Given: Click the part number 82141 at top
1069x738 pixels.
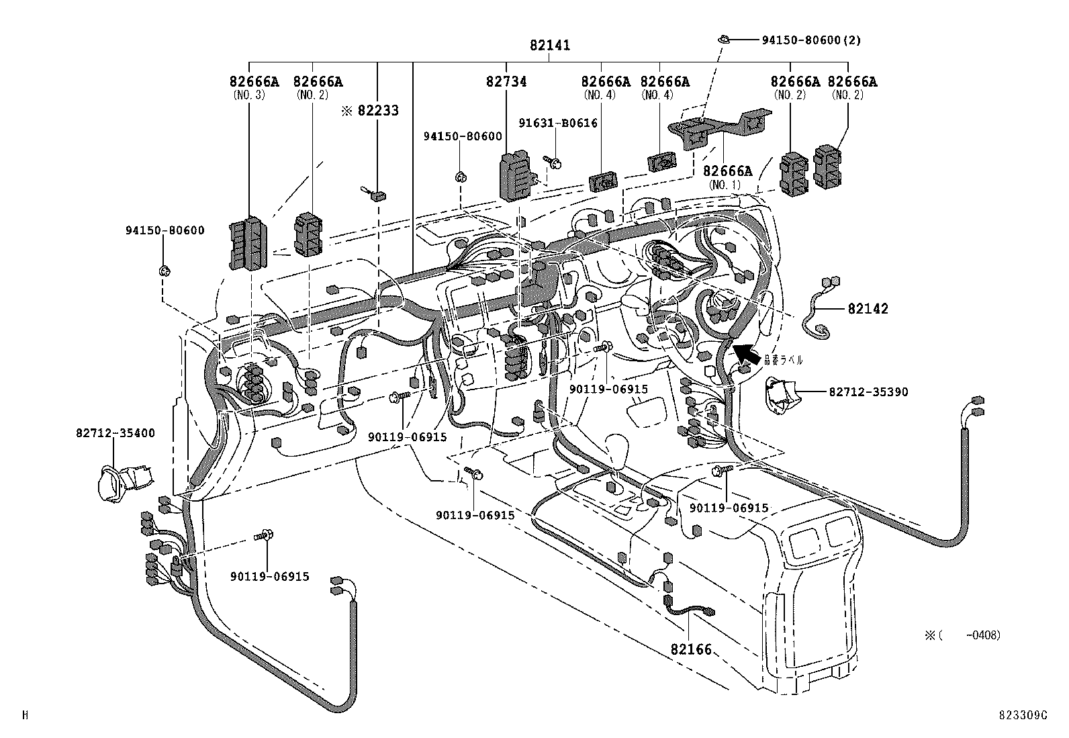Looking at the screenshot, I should coord(549,46).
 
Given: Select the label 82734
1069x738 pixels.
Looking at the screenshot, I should coord(506,82).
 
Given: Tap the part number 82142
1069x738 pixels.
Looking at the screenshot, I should coord(868,309).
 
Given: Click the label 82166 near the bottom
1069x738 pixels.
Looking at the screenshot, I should coord(690,650).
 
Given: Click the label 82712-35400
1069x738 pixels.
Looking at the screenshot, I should coord(115,433).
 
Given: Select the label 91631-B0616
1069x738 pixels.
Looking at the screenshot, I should coord(557,123).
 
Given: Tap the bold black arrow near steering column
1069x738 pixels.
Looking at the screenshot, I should coord(747,355).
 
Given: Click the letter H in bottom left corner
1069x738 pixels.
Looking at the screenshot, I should coord(25,716).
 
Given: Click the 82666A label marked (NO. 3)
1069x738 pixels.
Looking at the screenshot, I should coord(254,82).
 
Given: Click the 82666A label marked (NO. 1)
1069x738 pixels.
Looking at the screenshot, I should coord(728,172).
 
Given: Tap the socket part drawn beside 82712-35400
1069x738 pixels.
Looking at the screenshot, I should coord(124,479).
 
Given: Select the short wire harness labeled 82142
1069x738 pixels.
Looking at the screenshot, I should coord(817,309).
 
